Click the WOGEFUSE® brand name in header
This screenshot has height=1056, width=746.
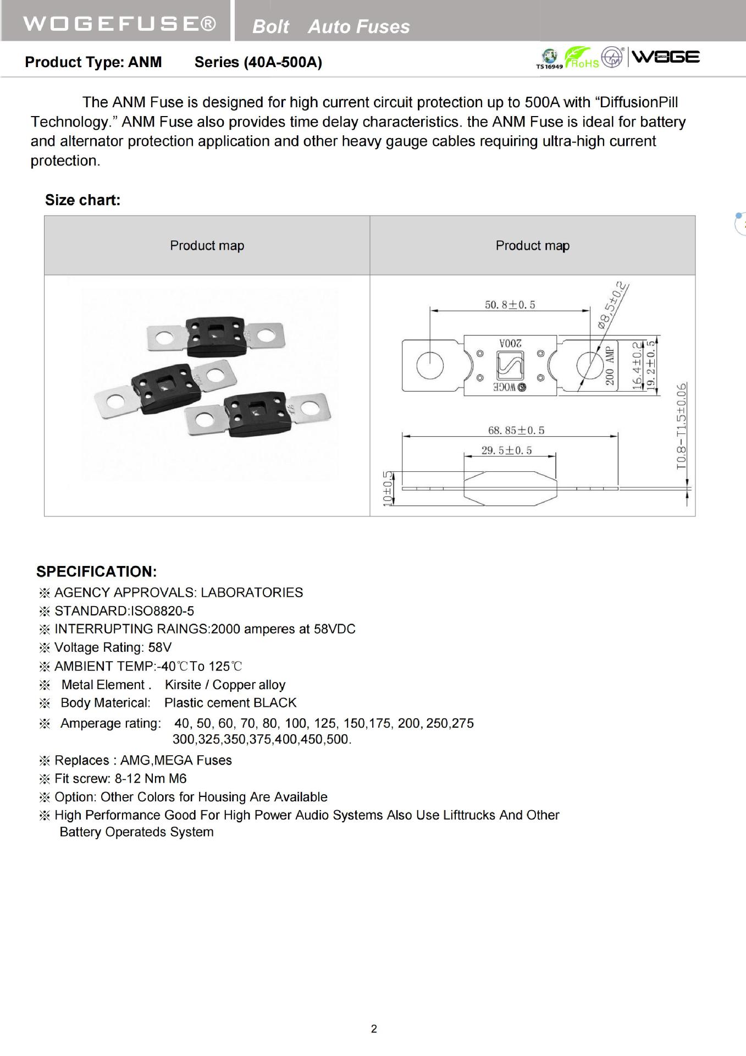[119, 24]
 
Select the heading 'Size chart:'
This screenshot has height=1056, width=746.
[82, 200]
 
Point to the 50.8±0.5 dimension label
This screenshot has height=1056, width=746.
[510, 305]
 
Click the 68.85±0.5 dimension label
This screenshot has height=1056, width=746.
[516, 430]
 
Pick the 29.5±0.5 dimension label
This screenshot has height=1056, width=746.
[506, 450]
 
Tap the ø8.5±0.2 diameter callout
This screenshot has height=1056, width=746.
[612, 305]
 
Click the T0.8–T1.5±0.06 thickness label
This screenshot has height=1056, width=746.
[682, 426]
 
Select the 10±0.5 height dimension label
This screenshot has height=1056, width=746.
[388, 488]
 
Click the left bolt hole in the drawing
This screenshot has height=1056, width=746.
[430, 365]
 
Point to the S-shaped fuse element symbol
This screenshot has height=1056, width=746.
[510, 365]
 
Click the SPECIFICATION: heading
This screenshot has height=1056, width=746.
[97, 572]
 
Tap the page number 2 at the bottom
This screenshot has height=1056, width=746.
[374, 1028]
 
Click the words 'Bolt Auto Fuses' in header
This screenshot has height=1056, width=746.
[331, 26]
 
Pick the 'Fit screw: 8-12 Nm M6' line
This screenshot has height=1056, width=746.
[120, 778]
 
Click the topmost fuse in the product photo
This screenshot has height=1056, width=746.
[216, 336]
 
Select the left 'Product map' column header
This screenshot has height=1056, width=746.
[207, 245]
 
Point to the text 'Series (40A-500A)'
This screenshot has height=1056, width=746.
[258, 62]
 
